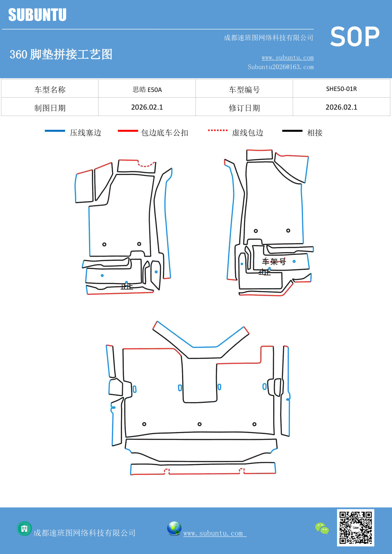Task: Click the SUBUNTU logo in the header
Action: tap(37, 15)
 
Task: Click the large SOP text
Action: tap(355, 37)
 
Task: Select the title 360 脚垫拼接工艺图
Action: tap(61, 54)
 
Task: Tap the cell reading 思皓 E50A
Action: tap(147, 89)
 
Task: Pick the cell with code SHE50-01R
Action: tap(341, 89)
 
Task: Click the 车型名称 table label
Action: tap(50, 90)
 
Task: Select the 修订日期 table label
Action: tap(244, 108)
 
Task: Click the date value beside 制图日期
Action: tap(147, 107)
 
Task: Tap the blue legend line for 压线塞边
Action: tap(55, 131)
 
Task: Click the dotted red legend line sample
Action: tap(218, 130)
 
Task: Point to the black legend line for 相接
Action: tap(292, 131)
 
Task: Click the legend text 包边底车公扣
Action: tap(165, 133)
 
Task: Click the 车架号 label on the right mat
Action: tap(274, 262)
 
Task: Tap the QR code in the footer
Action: tap(355, 527)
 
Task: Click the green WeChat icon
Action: tap(322, 528)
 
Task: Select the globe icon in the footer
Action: tap(174, 528)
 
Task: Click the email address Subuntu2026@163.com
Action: tap(280, 67)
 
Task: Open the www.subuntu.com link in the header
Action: tap(287, 57)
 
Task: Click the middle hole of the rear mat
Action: tap(199, 424)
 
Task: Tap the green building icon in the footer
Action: tap(24, 528)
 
